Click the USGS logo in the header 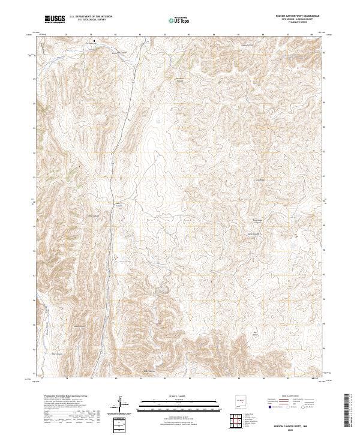coord(55,19)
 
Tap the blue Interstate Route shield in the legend coord(271,407)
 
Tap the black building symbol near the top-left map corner coord(93,42)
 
